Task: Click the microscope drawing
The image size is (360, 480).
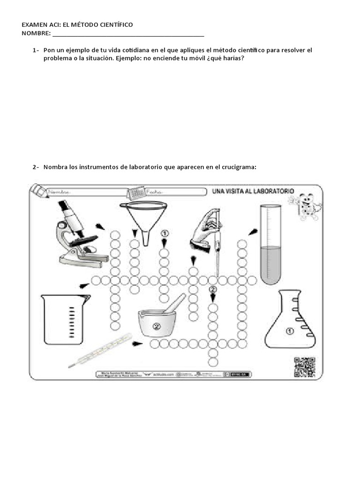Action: pyautogui.click(x=75, y=232)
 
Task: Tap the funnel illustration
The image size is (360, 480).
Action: pyautogui.click(x=143, y=220)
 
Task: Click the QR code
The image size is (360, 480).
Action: pyautogui.click(x=304, y=367)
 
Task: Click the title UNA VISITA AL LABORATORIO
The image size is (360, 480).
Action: pyautogui.click(x=253, y=191)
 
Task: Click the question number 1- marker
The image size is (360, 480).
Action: pyautogui.click(x=36, y=50)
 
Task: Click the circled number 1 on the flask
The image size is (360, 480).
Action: pyautogui.click(x=289, y=331)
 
